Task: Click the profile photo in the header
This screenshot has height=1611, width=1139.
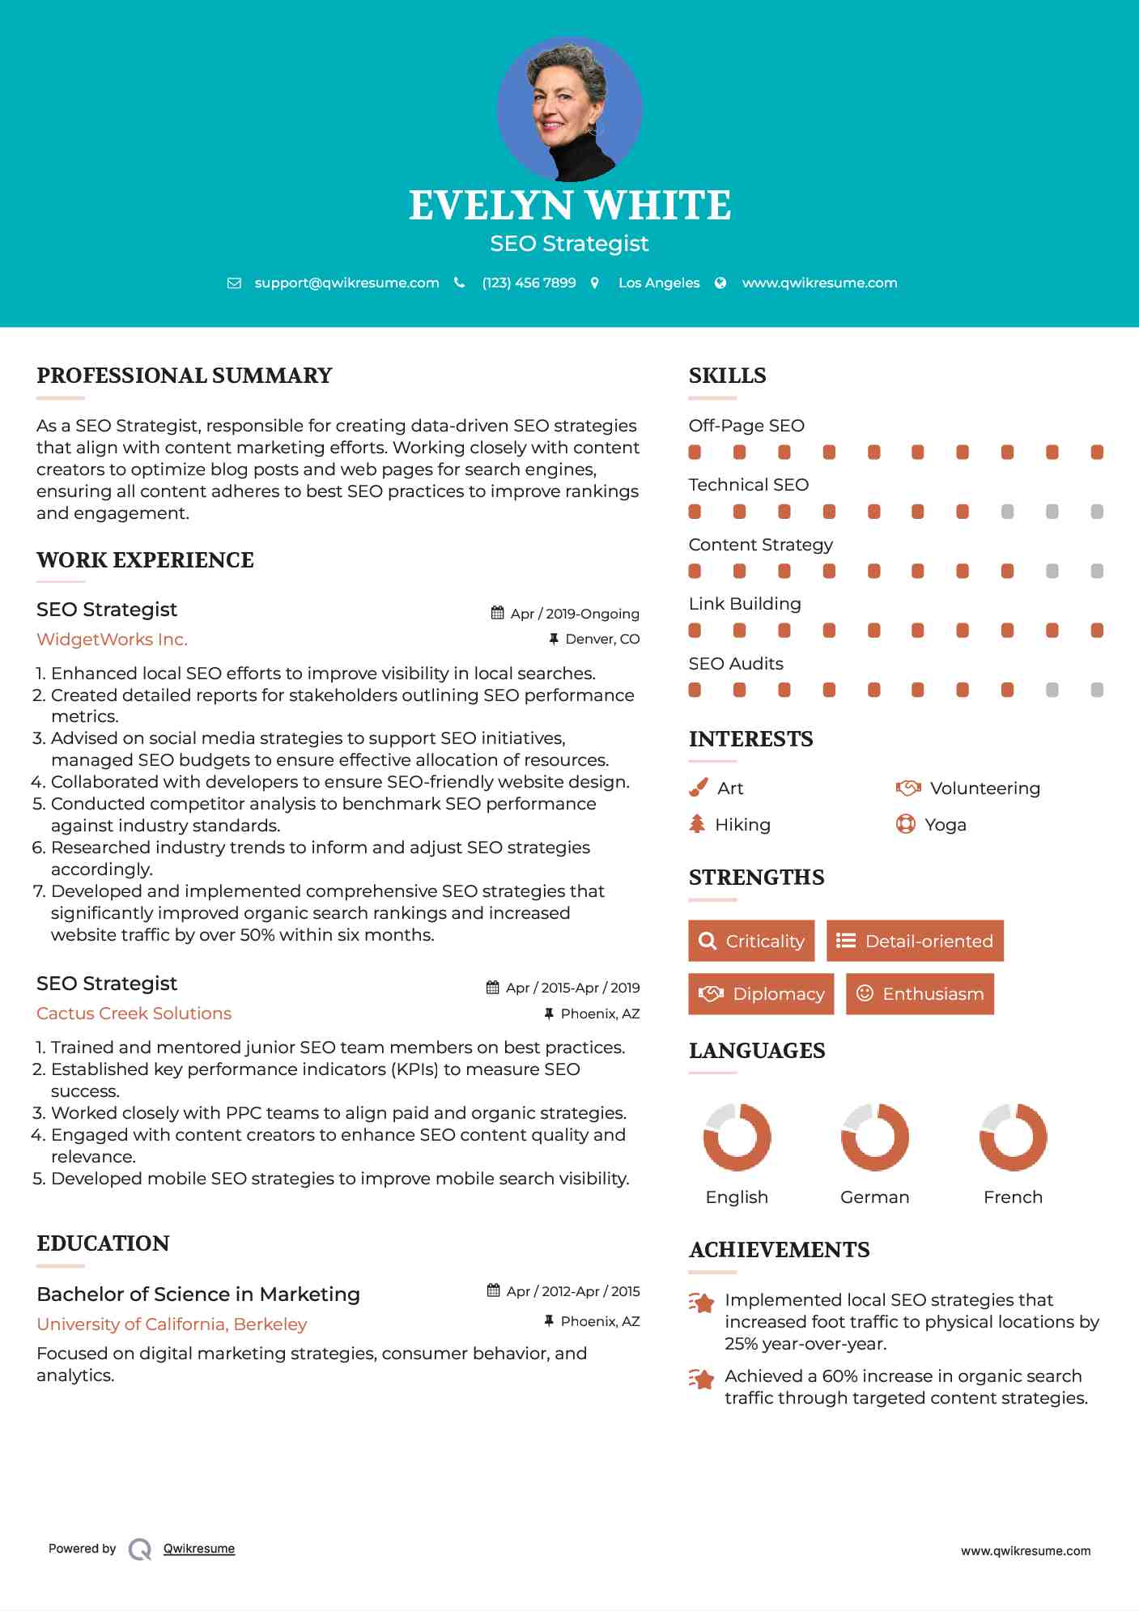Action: [569, 109]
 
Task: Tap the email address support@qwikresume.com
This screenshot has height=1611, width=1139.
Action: [346, 283]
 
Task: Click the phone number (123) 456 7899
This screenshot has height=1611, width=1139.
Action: [529, 283]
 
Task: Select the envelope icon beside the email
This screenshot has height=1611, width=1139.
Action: [234, 283]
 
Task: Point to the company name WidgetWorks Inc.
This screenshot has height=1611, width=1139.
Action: [112, 640]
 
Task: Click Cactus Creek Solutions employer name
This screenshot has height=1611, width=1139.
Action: [134, 1014]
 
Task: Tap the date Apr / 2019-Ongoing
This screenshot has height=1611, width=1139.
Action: [574, 614]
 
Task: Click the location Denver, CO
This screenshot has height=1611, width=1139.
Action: [602, 639]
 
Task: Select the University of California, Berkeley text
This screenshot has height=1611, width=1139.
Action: [172, 1324]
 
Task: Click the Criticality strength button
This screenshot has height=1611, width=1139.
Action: [751, 941]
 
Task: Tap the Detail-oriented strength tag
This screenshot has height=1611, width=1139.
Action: [915, 941]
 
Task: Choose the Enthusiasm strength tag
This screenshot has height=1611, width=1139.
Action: [920, 993]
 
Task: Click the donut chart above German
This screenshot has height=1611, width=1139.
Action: [874, 1137]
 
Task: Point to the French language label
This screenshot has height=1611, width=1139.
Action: [1013, 1197]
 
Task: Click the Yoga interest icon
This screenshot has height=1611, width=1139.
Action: [905, 824]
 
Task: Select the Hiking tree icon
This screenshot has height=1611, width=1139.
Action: [697, 824]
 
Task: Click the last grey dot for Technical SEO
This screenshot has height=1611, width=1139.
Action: [1097, 512]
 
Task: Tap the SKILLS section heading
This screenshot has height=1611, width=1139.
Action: [727, 376]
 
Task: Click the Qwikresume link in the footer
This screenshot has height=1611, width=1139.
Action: [199, 1549]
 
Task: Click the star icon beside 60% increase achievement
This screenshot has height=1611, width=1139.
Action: [702, 1378]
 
